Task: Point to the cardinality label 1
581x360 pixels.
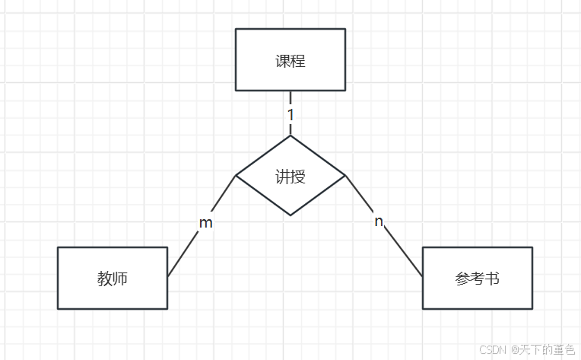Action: click(x=290, y=114)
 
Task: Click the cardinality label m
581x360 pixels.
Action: click(x=205, y=223)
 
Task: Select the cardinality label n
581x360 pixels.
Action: click(x=378, y=221)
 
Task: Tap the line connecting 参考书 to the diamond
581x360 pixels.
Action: click(x=402, y=250)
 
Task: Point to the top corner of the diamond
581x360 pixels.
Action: click(x=290, y=136)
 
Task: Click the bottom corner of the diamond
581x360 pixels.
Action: click(x=290, y=215)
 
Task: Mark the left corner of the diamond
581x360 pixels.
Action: click(x=236, y=176)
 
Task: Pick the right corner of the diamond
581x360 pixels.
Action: click(x=345, y=176)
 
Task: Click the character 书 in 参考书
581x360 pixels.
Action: click(x=492, y=279)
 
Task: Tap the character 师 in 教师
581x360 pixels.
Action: click(x=120, y=279)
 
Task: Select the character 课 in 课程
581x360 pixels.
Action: click(x=283, y=61)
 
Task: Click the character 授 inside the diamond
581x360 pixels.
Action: click(x=298, y=177)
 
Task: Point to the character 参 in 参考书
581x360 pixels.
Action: click(x=462, y=279)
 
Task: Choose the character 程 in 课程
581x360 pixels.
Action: click(x=298, y=61)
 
